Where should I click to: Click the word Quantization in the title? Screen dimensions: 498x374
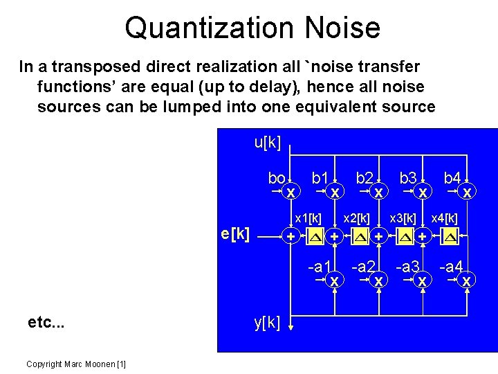[199, 28]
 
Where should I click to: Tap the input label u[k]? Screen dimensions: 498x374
[267, 143]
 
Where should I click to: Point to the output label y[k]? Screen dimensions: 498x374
[267, 322]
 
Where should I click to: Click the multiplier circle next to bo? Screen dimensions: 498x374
[291, 191]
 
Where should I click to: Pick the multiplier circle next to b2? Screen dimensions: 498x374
[379, 191]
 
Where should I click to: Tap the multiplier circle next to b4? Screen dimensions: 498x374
[468, 191]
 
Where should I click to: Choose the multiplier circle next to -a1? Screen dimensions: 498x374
[335, 281]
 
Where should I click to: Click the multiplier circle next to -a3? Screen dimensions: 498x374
[423, 281]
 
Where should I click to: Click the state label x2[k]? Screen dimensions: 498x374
[358, 219]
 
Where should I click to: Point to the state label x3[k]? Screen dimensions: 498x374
[403, 219]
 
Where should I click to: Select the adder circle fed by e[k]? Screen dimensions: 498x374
[291, 238]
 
